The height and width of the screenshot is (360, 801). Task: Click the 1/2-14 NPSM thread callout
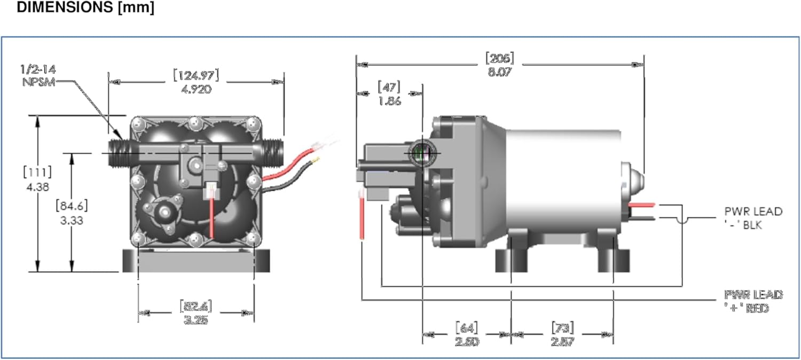point(38,76)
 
